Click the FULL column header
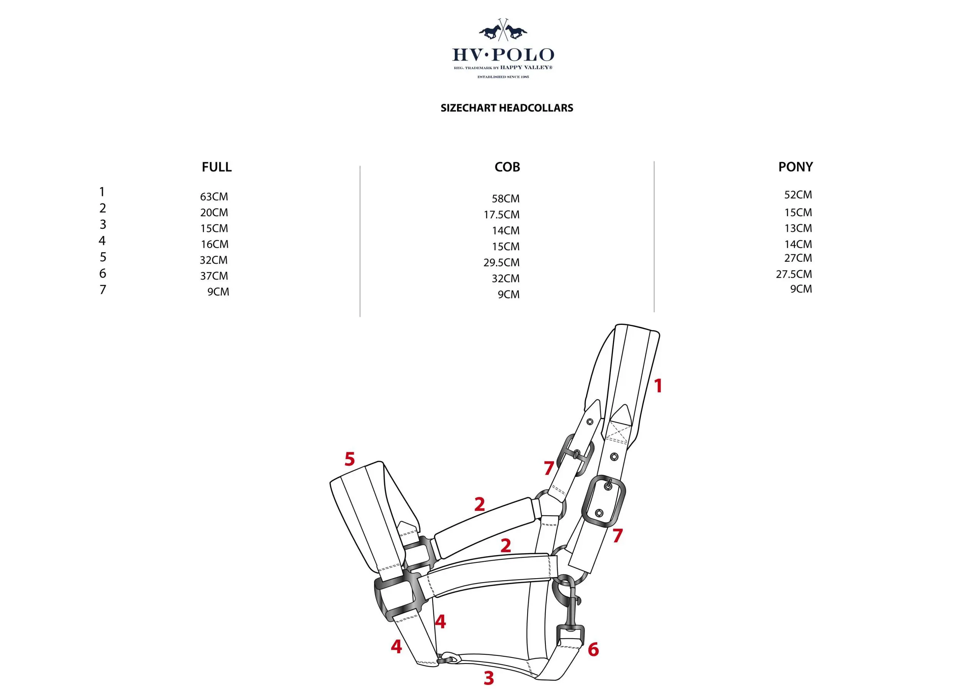[x=216, y=167]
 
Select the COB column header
[x=507, y=167]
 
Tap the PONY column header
[x=795, y=167]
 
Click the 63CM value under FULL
[x=214, y=197]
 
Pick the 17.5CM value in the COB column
[x=501, y=215]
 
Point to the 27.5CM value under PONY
[x=794, y=274]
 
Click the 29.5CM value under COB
[x=501, y=263]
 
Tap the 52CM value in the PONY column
[x=798, y=195]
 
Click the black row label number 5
[x=103, y=257]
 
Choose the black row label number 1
[x=102, y=192]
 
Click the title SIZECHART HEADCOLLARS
[x=506, y=108]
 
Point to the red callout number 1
[x=658, y=386]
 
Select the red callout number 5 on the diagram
[x=350, y=459]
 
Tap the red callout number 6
[x=593, y=649]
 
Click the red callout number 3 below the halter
[x=489, y=678]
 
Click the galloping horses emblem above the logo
[x=503, y=31]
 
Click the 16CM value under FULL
[x=215, y=244]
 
